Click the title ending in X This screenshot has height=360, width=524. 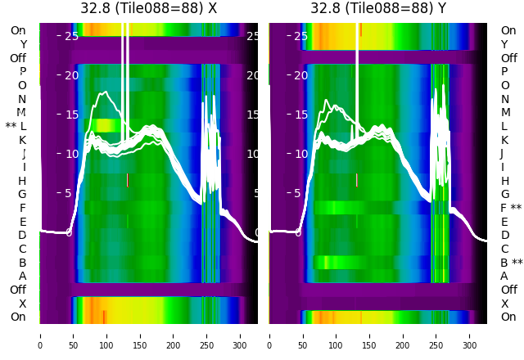148,8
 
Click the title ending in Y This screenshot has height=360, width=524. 378,8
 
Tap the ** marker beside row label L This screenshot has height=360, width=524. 11,126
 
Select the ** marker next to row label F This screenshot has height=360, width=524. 517,208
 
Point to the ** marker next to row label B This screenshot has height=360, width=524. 517,263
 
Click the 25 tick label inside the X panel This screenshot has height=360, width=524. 71,36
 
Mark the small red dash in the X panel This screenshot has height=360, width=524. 128,179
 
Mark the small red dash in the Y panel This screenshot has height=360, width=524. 357,179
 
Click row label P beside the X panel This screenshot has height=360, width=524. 23,72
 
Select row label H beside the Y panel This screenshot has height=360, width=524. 504,181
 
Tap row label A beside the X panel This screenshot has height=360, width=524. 23,277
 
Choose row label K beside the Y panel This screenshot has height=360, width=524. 504,140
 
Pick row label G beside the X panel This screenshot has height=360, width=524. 22,195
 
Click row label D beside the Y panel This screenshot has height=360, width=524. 504,236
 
